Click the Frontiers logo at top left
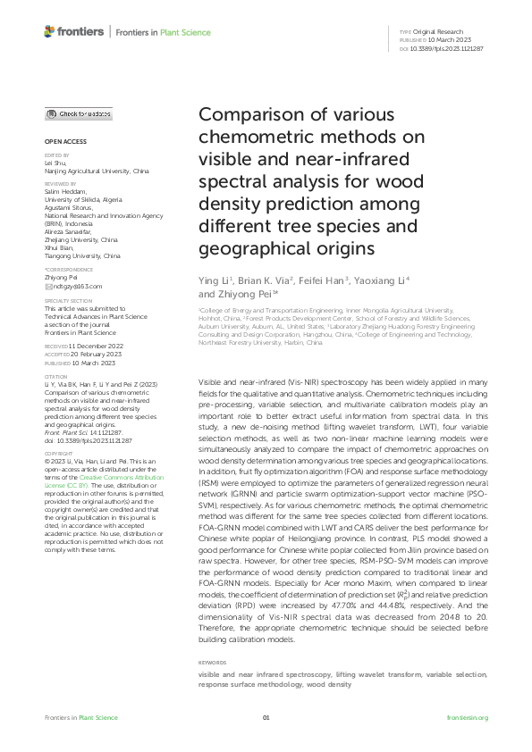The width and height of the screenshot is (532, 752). click(x=72, y=32)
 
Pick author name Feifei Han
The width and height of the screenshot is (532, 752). click(x=317, y=281)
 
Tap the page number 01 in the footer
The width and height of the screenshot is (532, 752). click(x=266, y=718)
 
